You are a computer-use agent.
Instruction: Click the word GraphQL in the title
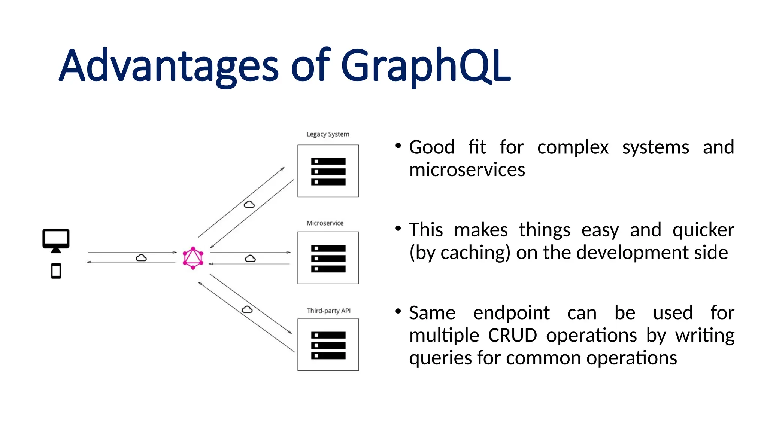(x=425, y=67)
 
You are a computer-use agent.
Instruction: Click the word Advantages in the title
(x=169, y=67)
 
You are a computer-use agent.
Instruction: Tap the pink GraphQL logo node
(x=193, y=258)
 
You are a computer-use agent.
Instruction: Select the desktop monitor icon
(x=56, y=241)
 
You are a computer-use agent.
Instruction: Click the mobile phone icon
(x=56, y=271)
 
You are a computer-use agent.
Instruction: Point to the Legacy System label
(x=328, y=134)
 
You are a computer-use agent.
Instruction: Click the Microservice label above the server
(x=325, y=223)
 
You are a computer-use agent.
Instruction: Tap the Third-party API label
(x=328, y=311)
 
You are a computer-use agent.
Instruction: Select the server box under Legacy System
(x=328, y=171)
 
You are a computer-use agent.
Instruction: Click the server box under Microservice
(x=328, y=258)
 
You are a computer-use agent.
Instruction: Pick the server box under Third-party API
(x=328, y=345)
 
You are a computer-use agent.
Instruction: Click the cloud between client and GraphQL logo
(x=141, y=258)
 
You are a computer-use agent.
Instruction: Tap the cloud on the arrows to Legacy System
(x=249, y=204)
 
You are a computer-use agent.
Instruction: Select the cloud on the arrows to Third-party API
(x=247, y=309)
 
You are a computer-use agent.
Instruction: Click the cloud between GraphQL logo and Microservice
(x=250, y=259)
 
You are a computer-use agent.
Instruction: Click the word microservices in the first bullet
(x=467, y=170)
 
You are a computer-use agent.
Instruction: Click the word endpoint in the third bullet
(x=511, y=313)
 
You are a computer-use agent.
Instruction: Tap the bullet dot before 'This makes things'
(x=398, y=228)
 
